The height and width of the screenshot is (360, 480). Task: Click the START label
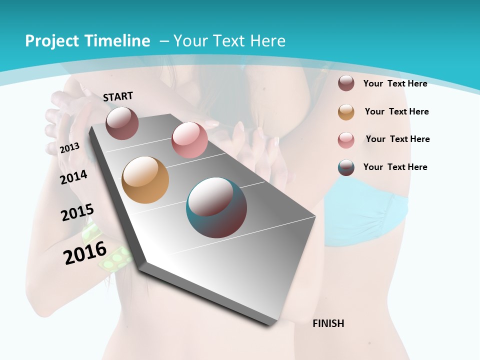(118, 96)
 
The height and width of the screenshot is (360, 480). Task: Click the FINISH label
(328, 323)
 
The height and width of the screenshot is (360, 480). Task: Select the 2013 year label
(70, 147)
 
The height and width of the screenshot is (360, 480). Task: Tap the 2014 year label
(74, 177)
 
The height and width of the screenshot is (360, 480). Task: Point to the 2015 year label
(77, 212)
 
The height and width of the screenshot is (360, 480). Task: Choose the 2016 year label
(85, 252)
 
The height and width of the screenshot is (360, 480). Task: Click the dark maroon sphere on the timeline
(122, 123)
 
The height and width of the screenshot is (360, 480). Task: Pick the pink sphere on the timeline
(189, 140)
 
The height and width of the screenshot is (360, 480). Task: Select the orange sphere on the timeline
(145, 180)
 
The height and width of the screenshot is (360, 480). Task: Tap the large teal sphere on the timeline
(216, 207)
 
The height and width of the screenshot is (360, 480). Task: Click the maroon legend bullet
(346, 83)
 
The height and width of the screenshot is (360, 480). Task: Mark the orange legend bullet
(346, 112)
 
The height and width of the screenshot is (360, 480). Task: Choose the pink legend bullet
(346, 140)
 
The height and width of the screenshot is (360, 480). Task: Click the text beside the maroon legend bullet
(395, 83)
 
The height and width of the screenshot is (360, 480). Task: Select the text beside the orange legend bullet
(396, 111)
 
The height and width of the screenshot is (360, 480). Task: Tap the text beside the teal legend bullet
(395, 167)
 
